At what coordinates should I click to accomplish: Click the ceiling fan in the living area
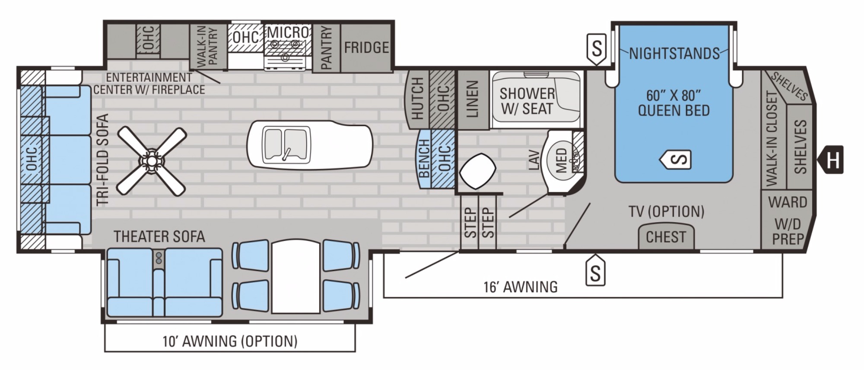click(152, 161)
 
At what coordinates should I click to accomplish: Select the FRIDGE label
click(366, 48)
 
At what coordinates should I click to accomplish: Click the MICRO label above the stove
click(288, 32)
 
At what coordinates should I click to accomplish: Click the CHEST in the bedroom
click(666, 236)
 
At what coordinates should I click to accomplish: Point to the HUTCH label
click(417, 99)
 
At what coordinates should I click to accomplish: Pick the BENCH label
click(424, 158)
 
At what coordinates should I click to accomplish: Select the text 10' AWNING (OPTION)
click(230, 341)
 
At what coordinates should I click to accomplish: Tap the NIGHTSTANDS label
click(674, 54)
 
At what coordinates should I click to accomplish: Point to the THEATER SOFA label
click(159, 236)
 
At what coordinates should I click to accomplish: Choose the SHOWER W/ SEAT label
click(527, 101)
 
